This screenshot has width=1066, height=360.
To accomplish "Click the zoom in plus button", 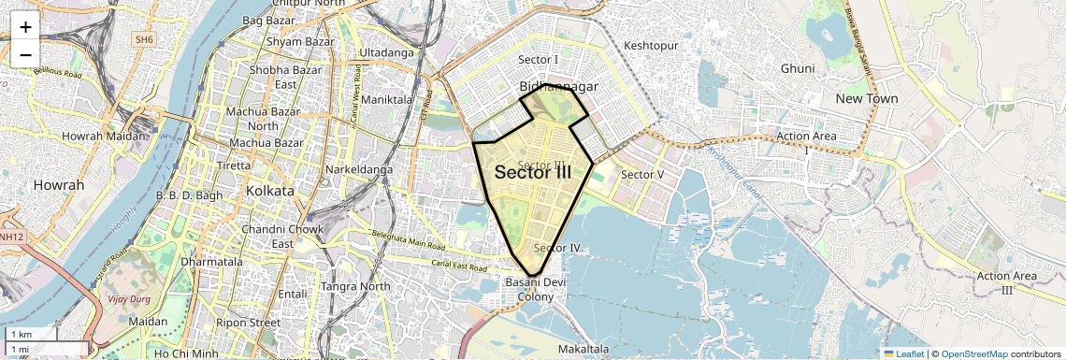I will click(25, 27).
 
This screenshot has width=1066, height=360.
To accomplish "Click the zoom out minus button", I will click(25, 54).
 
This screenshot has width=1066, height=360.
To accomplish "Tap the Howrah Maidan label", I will click(104, 137).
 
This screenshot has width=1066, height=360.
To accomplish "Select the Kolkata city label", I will click(270, 191).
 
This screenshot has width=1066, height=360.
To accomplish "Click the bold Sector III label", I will click(533, 172).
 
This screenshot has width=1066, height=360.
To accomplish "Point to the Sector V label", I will click(642, 175).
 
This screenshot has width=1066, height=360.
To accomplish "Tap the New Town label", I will click(867, 98).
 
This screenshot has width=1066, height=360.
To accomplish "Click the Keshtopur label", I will click(650, 44).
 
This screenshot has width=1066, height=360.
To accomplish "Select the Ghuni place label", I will click(798, 68).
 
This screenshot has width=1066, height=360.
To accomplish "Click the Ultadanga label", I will click(386, 52).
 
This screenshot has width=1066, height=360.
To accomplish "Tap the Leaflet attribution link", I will click(902, 353).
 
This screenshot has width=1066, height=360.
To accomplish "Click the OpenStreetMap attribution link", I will click(973, 353).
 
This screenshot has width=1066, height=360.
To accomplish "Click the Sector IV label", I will click(558, 248).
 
